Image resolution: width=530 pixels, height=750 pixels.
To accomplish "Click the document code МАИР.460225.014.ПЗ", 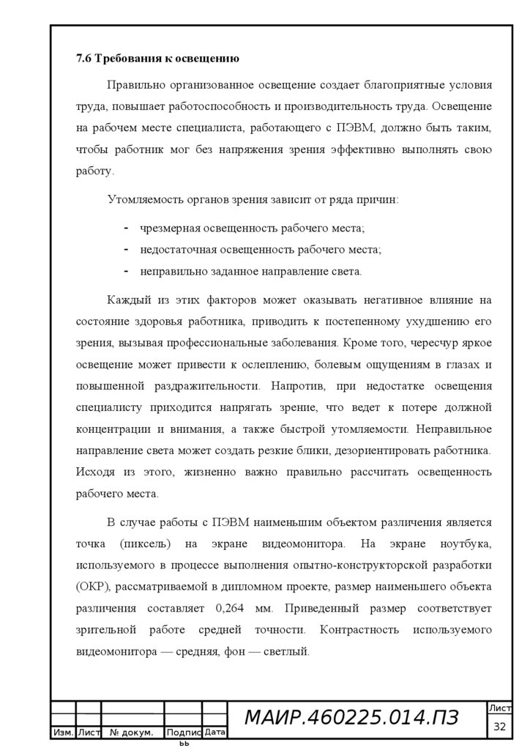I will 351,719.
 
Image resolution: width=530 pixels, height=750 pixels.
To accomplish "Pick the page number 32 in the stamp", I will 501,727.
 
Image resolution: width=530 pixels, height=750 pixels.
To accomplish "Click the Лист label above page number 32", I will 501,708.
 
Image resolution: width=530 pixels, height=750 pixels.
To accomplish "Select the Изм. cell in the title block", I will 62,732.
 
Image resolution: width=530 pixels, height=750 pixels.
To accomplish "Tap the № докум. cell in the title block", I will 132,732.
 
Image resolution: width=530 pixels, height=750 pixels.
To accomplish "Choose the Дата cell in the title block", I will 214,732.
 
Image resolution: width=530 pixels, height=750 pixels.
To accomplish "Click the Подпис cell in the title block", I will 183,732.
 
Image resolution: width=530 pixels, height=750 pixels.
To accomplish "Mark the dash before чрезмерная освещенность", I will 127,229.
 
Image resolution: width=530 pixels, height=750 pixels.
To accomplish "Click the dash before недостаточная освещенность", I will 127,250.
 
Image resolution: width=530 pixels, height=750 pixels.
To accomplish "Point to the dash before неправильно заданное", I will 127,271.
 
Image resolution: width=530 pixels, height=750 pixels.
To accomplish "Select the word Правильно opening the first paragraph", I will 134,86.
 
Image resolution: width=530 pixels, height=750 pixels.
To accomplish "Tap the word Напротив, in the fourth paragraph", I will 292,385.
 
